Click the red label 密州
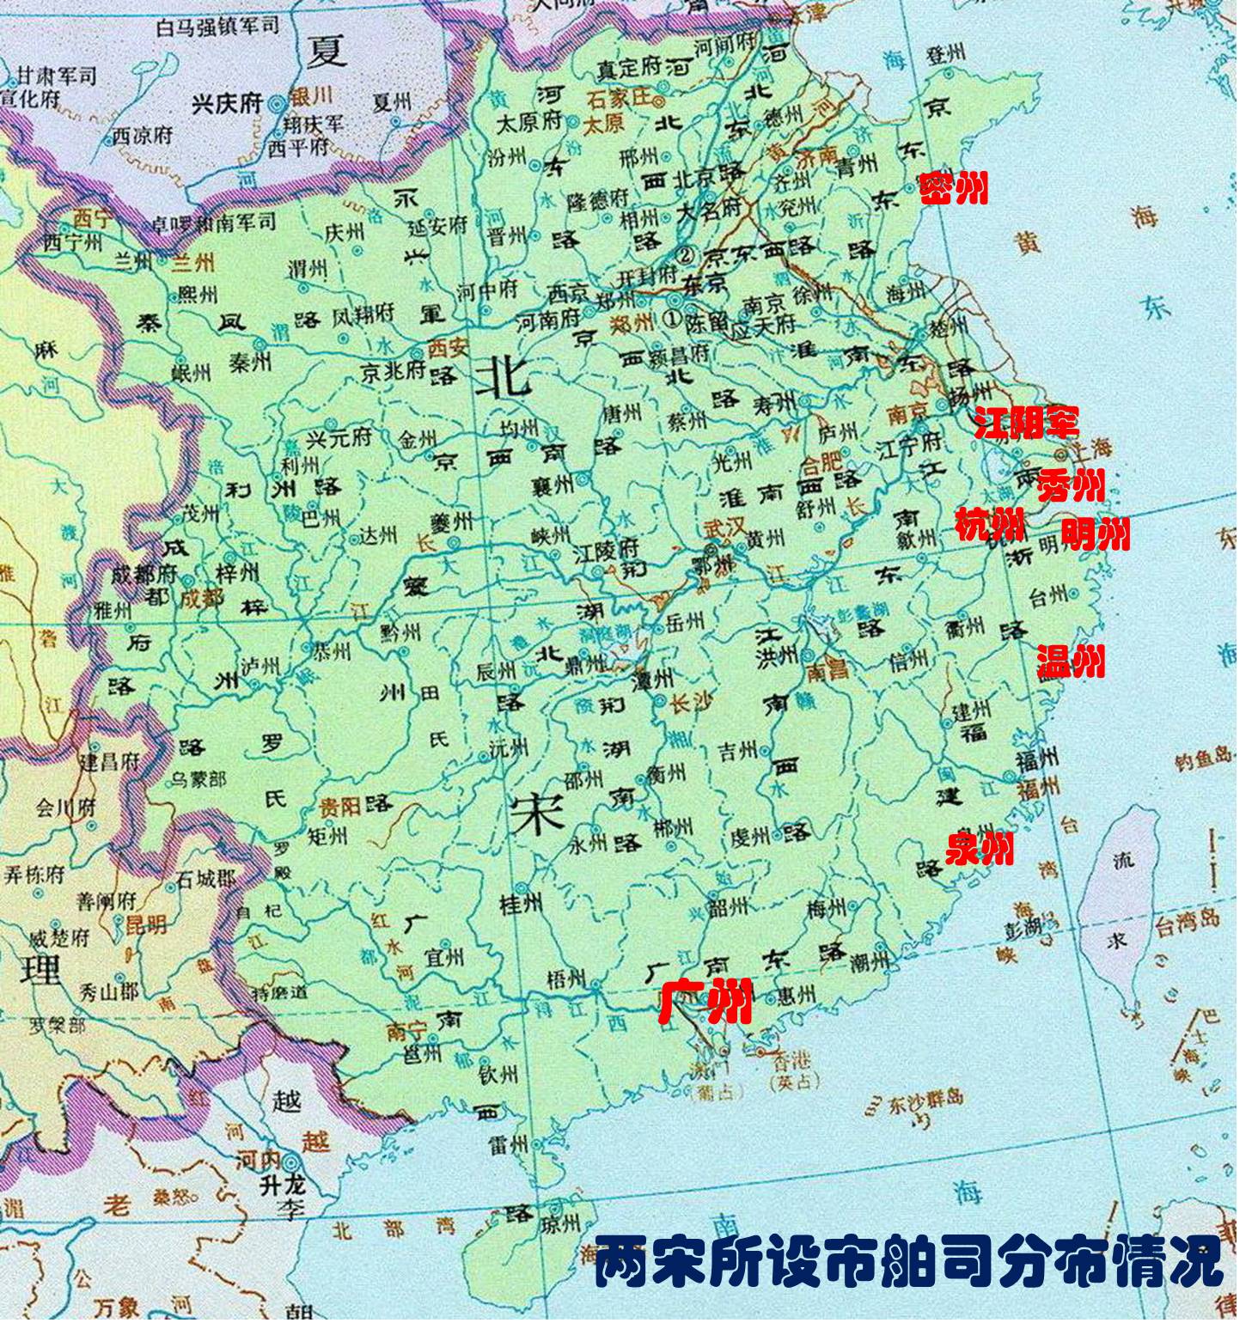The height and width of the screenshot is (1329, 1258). tap(953, 188)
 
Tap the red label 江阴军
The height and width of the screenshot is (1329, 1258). tap(1026, 422)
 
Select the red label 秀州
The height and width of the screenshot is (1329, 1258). tap(1070, 486)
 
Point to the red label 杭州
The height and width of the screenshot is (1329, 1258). tap(990, 524)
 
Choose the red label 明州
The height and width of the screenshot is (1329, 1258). tap(1095, 534)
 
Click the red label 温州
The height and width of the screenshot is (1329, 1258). tap(1070, 661)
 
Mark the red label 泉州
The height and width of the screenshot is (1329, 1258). tap(979, 848)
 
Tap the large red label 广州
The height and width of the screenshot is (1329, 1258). tap(705, 1001)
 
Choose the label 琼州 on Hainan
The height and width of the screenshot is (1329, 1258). tap(561, 1226)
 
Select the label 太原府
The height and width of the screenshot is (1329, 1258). tap(528, 123)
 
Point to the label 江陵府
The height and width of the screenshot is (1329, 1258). tap(607, 552)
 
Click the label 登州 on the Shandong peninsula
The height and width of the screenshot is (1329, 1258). tap(945, 56)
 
